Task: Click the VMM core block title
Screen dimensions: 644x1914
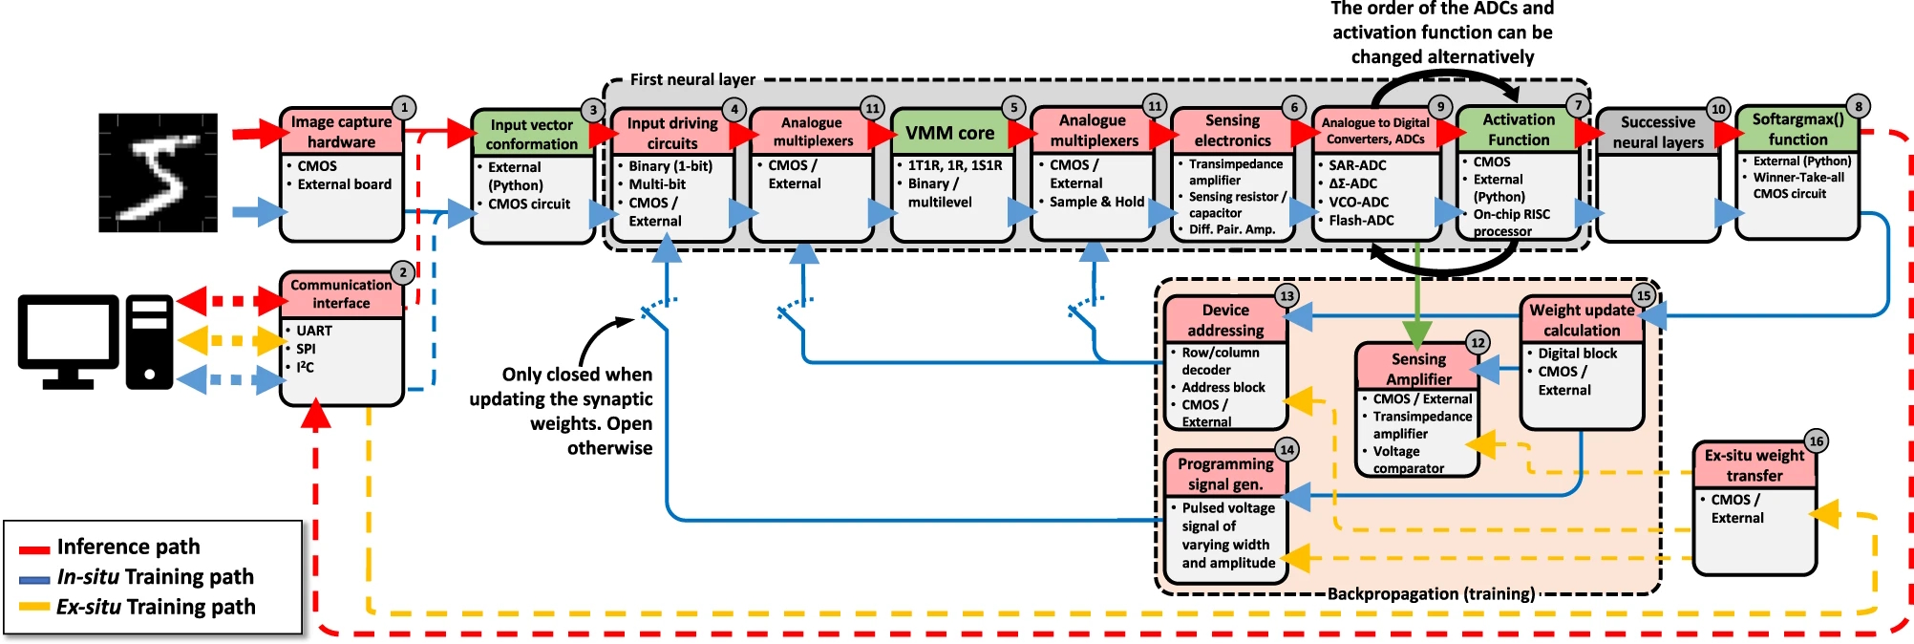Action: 949,133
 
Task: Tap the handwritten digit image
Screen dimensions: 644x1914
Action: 158,173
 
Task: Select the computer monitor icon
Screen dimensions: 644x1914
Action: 68,340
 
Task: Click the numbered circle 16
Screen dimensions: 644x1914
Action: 1816,441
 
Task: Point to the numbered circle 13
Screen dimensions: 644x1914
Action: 1287,296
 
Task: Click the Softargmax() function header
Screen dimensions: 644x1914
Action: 1797,129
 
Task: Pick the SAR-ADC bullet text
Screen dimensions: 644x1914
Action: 1357,165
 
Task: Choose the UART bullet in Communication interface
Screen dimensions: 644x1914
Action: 314,331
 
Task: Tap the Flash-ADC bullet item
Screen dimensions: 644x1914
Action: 1361,221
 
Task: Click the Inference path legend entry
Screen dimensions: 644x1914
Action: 128,547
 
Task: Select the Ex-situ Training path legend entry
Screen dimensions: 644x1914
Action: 155,607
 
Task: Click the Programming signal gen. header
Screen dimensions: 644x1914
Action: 1225,474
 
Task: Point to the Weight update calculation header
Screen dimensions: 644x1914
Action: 1581,320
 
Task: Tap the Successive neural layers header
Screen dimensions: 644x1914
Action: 1657,132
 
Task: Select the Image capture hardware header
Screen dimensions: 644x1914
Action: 341,132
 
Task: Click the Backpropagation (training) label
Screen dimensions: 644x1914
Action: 1431,594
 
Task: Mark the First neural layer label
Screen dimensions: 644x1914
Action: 692,79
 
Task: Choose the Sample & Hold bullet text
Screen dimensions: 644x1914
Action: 1096,202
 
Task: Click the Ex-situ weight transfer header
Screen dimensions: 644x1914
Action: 1754,465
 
